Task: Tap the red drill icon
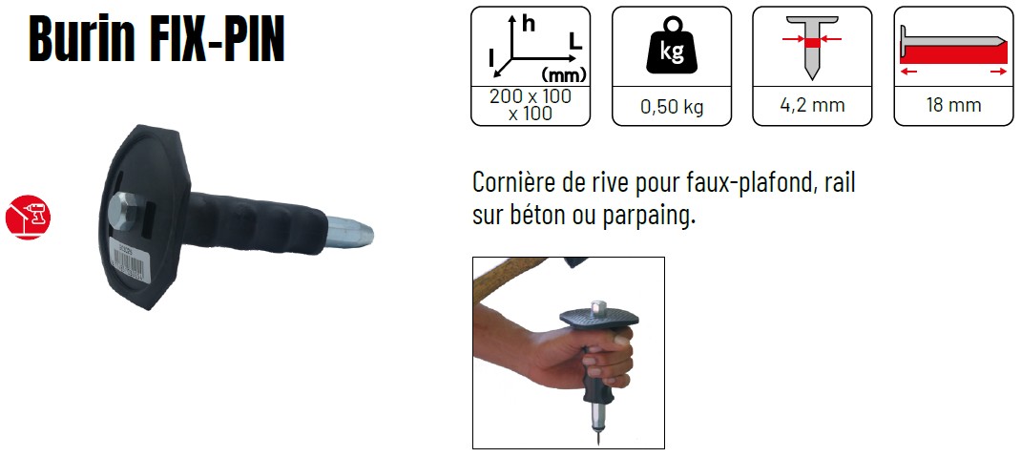point(28,217)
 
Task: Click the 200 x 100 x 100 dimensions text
point(530,105)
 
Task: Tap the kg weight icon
point(672,45)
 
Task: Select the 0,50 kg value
point(672,107)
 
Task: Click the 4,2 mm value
point(812,104)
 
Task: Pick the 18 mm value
point(953,105)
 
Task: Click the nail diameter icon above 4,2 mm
point(812,47)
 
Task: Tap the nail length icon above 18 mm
point(953,51)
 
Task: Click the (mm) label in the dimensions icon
point(564,73)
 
